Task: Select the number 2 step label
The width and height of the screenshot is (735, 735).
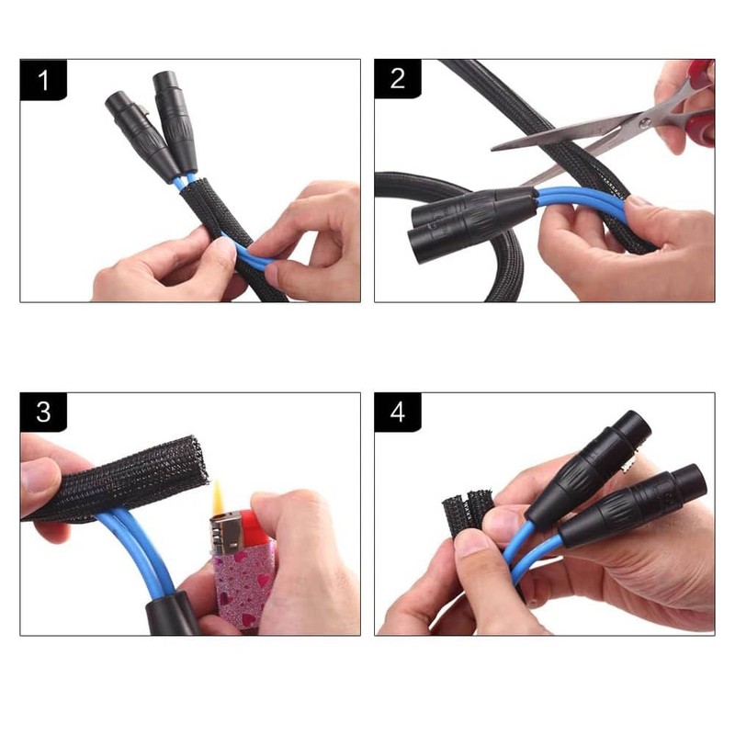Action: pos(397,79)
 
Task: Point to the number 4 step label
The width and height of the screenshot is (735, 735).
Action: pos(397,413)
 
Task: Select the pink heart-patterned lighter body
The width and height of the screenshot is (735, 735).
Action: pos(243,583)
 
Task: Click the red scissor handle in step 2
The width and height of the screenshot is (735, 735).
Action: pos(702,101)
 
